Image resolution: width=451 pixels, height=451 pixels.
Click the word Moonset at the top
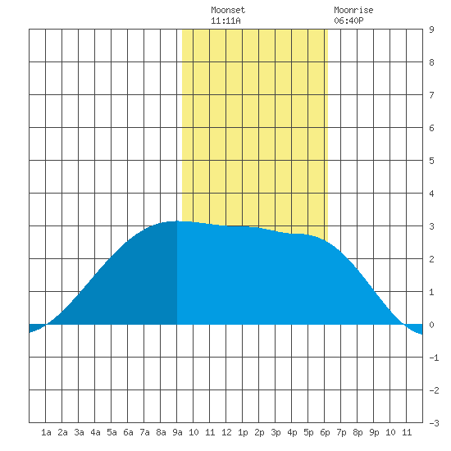tap(228, 10)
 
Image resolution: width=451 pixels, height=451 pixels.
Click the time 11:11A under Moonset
tap(225, 20)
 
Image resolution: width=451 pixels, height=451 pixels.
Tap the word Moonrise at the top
tap(353, 10)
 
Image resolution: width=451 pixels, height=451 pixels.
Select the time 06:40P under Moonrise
tap(348, 20)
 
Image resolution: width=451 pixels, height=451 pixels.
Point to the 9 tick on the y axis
tap(431, 30)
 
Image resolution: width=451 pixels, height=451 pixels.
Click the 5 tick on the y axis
tap(431, 161)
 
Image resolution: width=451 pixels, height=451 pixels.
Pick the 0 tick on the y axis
tap(431, 325)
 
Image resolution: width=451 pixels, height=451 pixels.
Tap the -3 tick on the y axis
tap(434, 423)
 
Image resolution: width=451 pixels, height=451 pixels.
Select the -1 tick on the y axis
tap(434, 358)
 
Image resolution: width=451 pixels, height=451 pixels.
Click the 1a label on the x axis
tap(46, 432)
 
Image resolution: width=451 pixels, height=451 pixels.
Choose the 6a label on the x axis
tap(128, 432)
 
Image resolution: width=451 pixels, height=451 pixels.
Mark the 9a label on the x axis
tap(177, 432)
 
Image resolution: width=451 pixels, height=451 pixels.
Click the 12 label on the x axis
tap(226, 432)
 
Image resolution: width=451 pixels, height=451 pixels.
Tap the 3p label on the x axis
tap(276, 432)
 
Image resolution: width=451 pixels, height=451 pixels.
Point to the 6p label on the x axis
tap(325, 432)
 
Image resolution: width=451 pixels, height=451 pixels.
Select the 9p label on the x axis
tap(374, 432)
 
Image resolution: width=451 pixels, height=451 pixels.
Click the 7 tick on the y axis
tap(431, 95)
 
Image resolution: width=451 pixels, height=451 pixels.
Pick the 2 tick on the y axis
tap(431, 259)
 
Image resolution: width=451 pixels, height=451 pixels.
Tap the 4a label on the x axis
tap(95, 432)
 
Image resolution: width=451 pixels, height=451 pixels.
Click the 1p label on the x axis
tap(243, 432)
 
